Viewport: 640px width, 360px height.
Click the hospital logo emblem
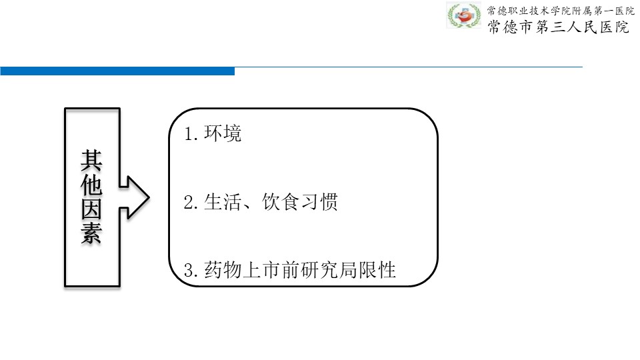coord(463,15)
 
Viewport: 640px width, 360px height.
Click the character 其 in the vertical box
coord(91,160)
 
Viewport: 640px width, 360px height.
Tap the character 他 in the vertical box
coord(91,185)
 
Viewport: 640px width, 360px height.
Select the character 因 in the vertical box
coord(91,209)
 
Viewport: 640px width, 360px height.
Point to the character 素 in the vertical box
coord(91,234)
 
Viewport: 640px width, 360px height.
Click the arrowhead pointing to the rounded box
coord(139,197)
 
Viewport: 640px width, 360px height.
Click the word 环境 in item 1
coord(223,133)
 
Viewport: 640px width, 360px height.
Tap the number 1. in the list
coord(191,134)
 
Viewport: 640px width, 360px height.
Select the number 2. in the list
coord(191,203)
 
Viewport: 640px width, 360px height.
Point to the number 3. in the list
coord(191,271)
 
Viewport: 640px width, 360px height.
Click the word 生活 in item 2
coord(223,202)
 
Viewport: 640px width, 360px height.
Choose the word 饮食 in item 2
coord(281,202)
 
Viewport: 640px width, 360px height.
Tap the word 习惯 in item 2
coord(319,202)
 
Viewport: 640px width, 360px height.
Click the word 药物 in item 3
coord(223,270)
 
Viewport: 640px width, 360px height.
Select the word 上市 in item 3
coord(261,270)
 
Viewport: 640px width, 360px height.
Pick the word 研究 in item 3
coord(319,270)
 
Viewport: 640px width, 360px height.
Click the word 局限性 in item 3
coord(367,270)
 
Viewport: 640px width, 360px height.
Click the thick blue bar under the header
coord(117,71)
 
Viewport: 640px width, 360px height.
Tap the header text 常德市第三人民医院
coord(559,27)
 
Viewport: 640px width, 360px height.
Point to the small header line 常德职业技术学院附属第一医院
coord(561,11)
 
